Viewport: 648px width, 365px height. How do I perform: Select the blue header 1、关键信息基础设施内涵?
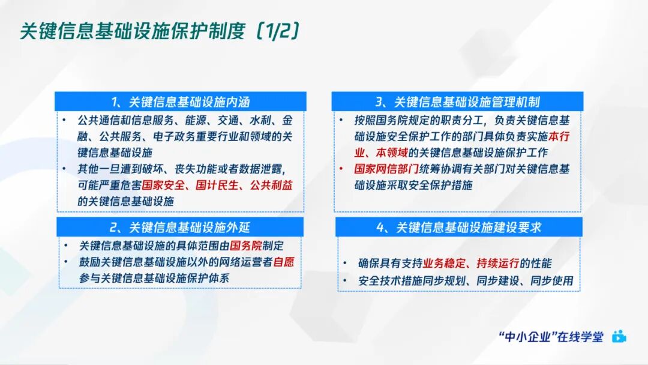pos(180,101)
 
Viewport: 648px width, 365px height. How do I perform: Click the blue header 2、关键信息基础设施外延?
pos(180,227)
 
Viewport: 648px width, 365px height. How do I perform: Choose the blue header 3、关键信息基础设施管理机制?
pos(457,101)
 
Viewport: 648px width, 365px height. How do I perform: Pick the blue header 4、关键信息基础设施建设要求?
pos(459,227)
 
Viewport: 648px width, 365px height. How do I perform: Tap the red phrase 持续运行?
pos(501,264)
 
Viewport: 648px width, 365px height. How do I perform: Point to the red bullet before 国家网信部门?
pos(341,169)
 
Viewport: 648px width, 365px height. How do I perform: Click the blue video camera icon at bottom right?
pos(619,337)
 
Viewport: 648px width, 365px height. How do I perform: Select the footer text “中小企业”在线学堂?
pos(551,337)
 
